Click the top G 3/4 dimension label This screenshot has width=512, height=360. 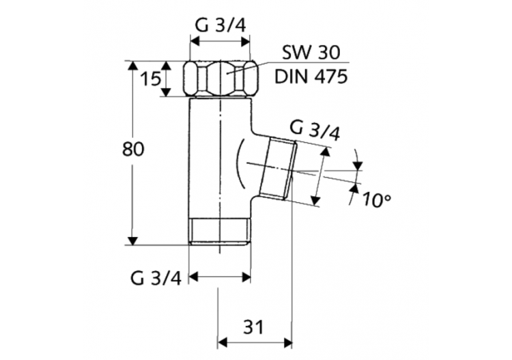pyautogui.click(x=220, y=25)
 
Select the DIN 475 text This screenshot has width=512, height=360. pyautogui.click(x=311, y=75)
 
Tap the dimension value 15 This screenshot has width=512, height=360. pyautogui.click(x=149, y=79)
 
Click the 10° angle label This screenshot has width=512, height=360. pyautogui.click(x=377, y=200)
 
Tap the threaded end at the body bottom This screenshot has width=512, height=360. pyautogui.click(x=220, y=232)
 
